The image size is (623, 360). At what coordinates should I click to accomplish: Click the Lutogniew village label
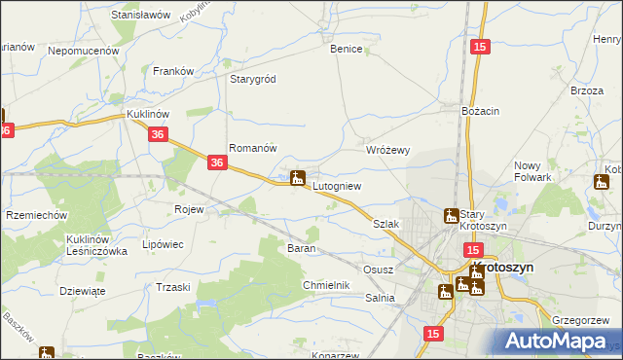[337, 185]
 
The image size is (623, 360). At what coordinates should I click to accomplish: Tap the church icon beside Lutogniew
[298, 178]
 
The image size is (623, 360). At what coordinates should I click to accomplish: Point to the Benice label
[346, 49]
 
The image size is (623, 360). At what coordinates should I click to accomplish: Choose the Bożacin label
[481, 112]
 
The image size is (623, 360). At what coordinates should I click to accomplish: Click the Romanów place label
[253, 148]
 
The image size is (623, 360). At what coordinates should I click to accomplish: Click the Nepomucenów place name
[83, 50]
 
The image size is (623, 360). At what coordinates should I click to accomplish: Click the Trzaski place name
[172, 287]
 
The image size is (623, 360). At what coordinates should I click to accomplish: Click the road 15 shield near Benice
[478, 47]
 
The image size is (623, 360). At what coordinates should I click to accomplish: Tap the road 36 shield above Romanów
[160, 138]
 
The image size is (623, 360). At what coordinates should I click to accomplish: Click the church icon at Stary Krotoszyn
[451, 216]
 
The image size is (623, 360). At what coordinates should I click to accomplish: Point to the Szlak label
[386, 224]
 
